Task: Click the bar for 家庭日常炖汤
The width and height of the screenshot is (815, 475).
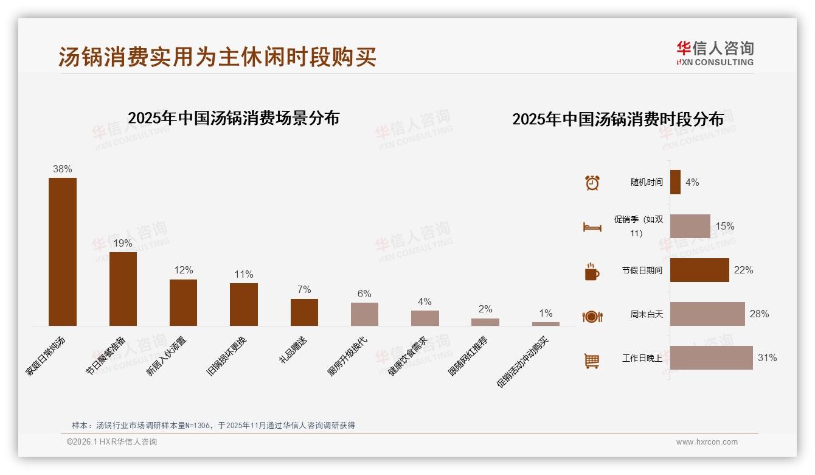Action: point(63,252)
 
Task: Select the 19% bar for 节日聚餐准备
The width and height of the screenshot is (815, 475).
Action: point(123,289)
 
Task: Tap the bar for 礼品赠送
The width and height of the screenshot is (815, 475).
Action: point(304,312)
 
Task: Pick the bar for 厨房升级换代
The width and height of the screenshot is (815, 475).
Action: point(364,314)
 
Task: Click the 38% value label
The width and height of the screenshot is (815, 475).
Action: point(63,169)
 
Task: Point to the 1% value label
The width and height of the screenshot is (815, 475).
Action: point(546,313)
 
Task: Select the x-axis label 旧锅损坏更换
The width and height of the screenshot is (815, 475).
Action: point(227,356)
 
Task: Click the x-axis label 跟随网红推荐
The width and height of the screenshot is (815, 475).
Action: point(468,356)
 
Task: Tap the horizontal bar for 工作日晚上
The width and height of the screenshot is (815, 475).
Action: point(711,358)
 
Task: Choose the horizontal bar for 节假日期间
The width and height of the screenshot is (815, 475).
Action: point(699,270)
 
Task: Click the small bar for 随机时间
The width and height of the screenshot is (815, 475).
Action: point(675,182)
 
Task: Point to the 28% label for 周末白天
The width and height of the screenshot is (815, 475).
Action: point(759,314)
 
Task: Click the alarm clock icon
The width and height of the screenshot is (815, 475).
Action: point(592,183)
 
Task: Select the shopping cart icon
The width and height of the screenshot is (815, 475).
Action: point(592,361)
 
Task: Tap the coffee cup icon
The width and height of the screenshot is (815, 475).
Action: point(592,272)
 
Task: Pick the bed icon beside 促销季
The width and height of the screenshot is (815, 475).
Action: point(592,227)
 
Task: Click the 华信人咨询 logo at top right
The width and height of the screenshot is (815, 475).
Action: point(715,54)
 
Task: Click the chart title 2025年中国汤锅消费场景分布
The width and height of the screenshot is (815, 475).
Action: point(234,118)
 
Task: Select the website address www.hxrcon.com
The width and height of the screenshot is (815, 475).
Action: point(707,442)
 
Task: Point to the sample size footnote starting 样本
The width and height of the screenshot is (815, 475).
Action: point(213,425)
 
